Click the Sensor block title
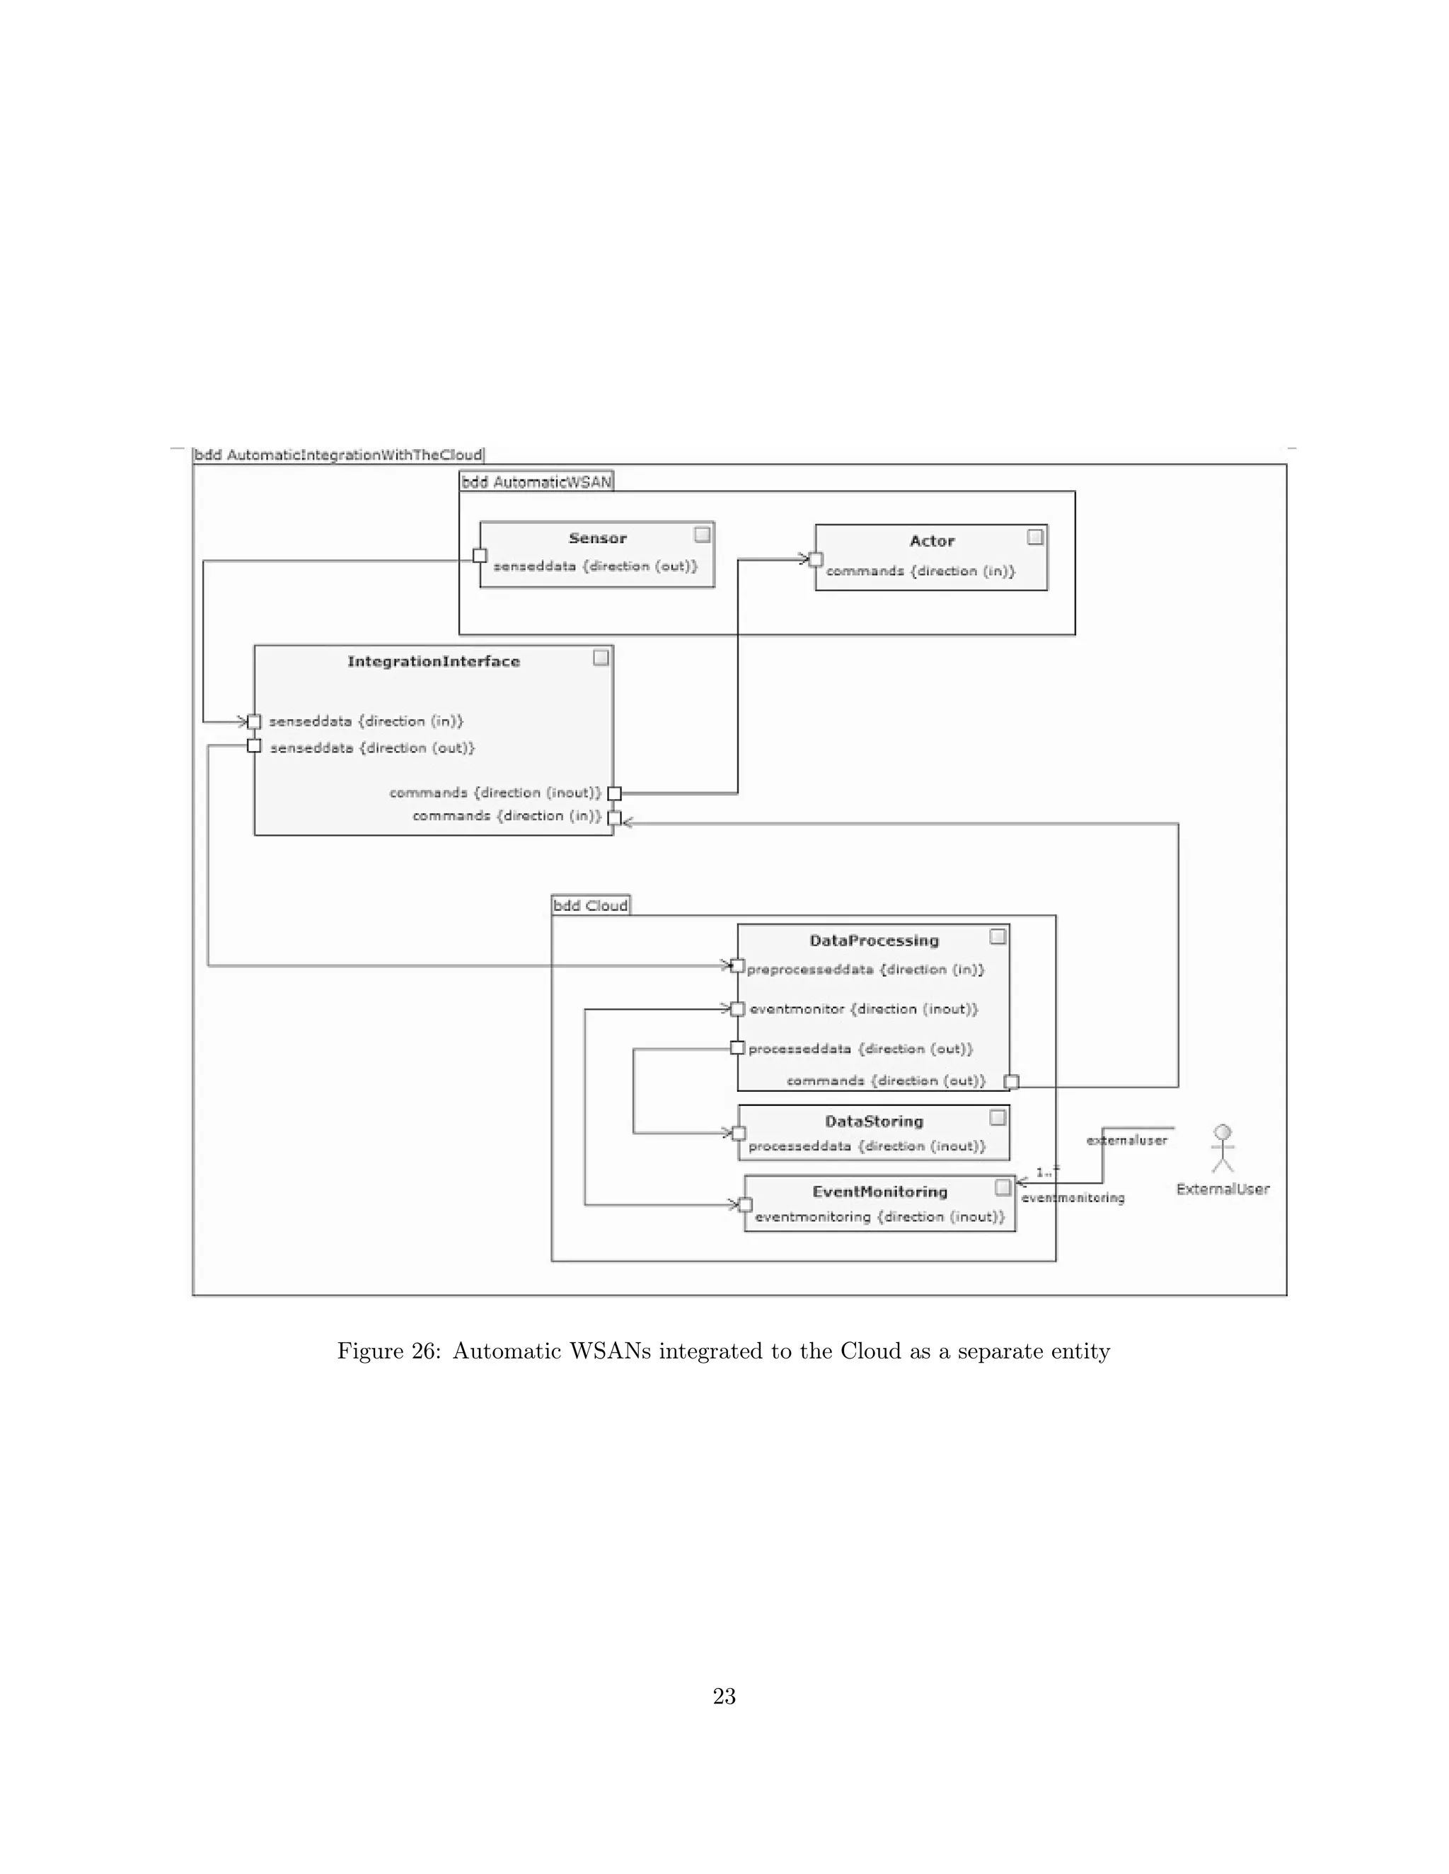(597, 538)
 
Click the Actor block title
(931, 540)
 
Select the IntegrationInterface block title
(434, 660)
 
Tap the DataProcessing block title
(874, 941)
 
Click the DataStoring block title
(874, 1121)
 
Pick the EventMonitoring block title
(880, 1191)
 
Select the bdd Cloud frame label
(591, 905)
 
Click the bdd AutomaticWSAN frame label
(536, 482)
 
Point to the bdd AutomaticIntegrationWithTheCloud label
(338, 455)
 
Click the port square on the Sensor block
(480, 556)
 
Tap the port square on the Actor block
(816, 559)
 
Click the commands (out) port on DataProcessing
(1011, 1081)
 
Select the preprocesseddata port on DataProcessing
(737, 966)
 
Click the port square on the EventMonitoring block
(745, 1205)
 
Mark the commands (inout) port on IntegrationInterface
(613, 793)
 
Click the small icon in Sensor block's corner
(702, 535)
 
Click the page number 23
(724, 1697)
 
